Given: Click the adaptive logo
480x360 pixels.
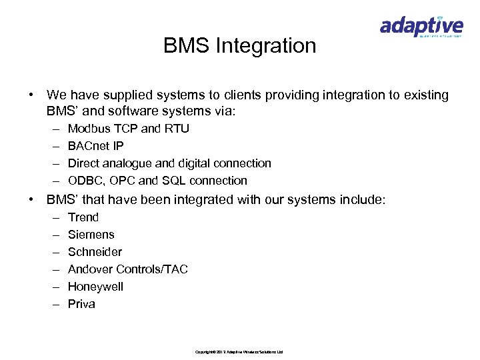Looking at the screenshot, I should [x=421, y=27].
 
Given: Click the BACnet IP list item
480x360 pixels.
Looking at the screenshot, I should [x=96, y=146].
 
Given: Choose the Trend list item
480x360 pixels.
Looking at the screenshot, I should [x=83, y=217].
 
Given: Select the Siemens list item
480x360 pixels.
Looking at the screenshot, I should [x=91, y=235].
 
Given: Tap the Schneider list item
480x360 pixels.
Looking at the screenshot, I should [x=95, y=252].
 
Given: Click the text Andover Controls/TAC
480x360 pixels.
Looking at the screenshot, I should [x=128, y=269].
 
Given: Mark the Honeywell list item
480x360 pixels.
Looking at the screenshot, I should [x=96, y=287].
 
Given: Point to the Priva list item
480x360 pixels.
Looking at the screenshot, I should [x=82, y=304].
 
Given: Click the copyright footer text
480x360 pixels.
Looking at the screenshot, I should [x=239, y=351].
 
